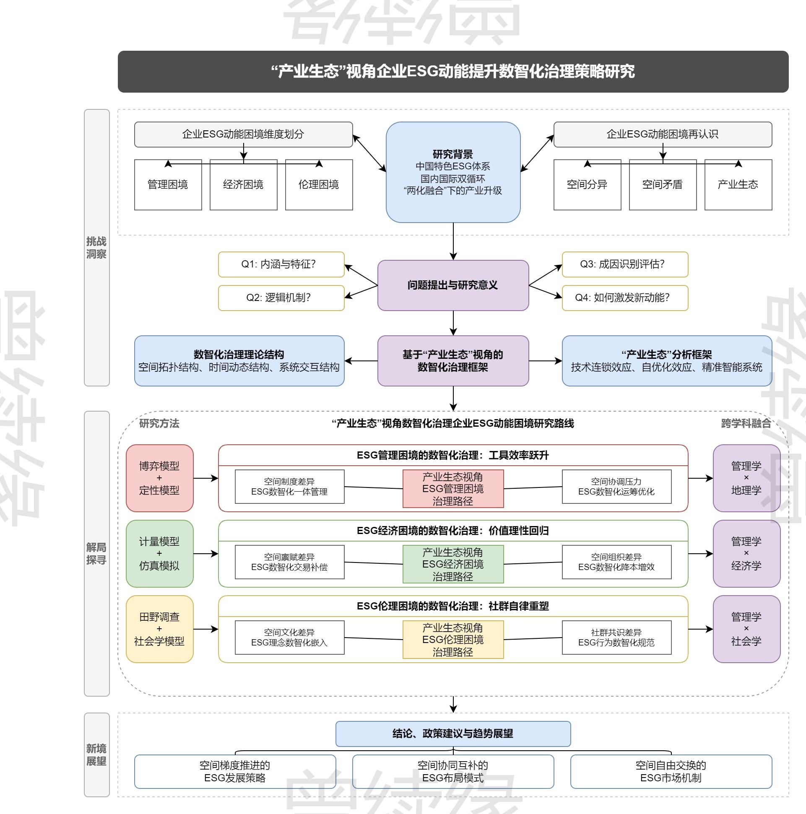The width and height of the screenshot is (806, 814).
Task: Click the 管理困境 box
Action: click(x=168, y=184)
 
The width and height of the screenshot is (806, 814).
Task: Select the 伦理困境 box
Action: click(x=319, y=184)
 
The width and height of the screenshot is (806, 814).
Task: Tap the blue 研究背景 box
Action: click(x=453, y=172)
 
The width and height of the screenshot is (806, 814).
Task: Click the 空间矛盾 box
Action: click(x=662, y=184)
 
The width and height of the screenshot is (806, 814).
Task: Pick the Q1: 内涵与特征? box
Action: click(x=281, y=264)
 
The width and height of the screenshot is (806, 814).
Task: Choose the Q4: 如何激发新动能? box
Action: click(x=625, y=298)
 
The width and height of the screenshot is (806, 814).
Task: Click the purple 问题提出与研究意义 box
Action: click(x=453, y=285)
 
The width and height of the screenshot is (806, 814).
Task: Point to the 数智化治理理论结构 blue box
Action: click(x=239, y=360)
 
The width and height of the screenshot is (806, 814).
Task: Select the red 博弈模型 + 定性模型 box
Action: click(x=159, y=478)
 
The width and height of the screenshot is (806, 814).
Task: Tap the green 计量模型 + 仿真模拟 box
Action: click(x=159, y=554)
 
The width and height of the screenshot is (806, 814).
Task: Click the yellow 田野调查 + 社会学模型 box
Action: click(x=159, y=629)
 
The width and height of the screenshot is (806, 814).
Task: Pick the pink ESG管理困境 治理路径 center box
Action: click(x=453, y=489)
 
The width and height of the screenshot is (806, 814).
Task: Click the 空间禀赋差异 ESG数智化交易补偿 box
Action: click(x=289, y=562)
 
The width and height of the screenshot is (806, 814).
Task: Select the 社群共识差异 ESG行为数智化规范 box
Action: click(x=616, y=638)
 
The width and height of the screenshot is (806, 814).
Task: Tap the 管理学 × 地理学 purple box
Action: click(x=746, y=478)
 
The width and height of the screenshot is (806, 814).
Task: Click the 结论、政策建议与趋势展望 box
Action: click(x=453, y=734)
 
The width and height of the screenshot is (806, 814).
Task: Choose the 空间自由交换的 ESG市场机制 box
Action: click(x=671, y=771)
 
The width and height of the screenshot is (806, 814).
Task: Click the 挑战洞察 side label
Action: click(x=96, y=248)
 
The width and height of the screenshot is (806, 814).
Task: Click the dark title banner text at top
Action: click(x=453, y=72)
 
